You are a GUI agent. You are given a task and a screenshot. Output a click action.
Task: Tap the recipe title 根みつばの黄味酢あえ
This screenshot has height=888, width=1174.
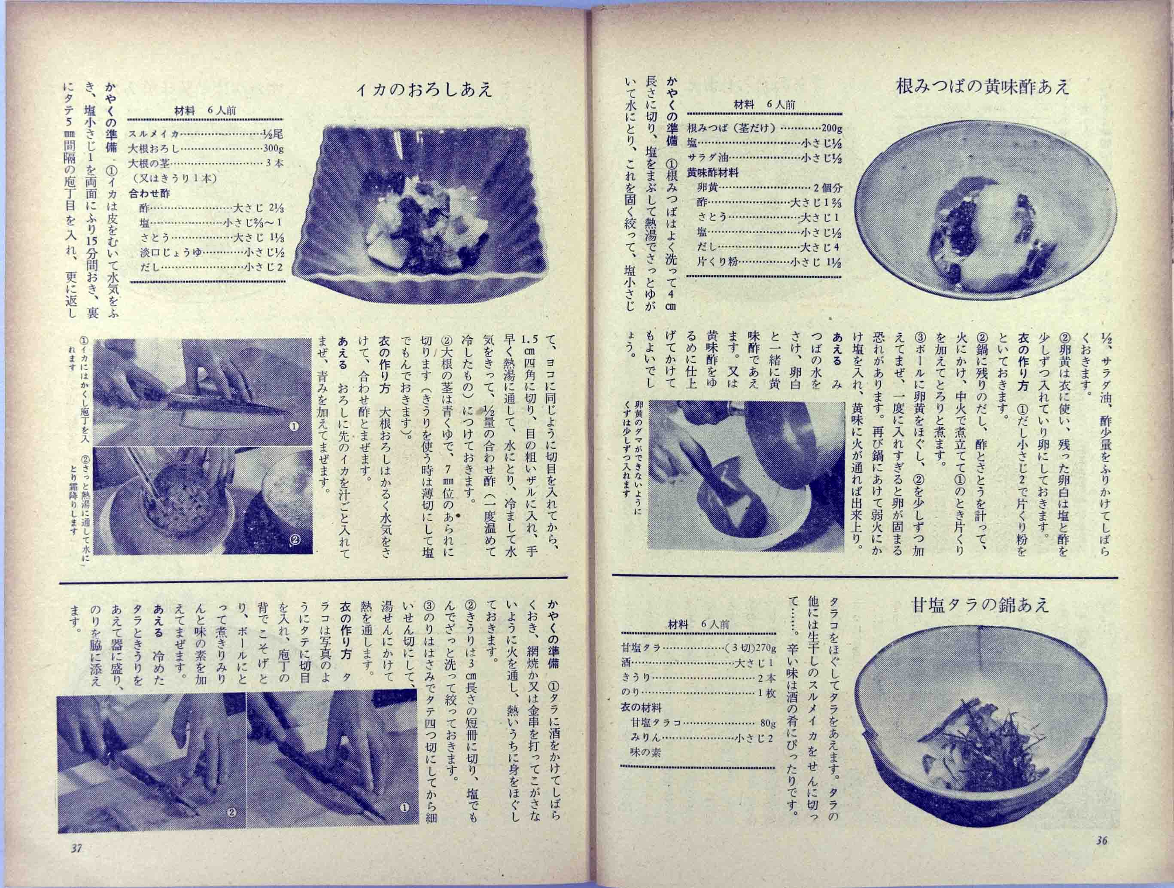coord(982,86)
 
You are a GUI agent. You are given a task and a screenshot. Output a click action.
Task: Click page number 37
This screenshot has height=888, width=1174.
coord(76,863)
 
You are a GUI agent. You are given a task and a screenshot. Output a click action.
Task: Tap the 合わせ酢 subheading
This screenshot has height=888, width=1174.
coord(149,193)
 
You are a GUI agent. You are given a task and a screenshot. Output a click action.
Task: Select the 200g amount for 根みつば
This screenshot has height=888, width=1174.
coord(832,128)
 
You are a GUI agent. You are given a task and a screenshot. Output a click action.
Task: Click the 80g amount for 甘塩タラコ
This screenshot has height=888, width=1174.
coord(764,723)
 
